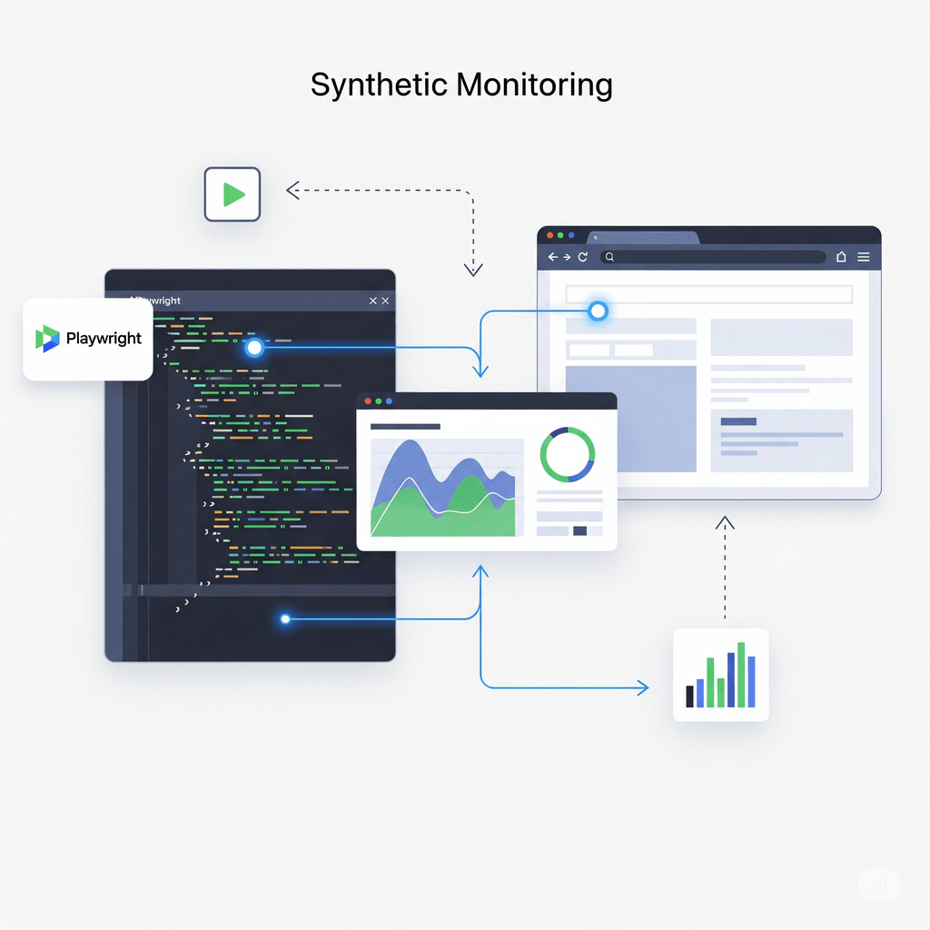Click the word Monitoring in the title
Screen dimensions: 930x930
click(x=534, y=85)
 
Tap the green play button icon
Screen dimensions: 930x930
click(x=232, y=194)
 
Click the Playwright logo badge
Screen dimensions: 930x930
click(x=88, y=339)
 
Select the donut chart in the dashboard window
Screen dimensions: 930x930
click(x=568, y=455)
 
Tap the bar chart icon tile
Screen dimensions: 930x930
click(x=720, y=675)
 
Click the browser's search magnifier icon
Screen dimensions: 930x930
click(x=610, y=257)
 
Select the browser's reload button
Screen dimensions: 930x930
click(x=582, y=257)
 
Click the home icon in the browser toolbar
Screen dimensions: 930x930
click(x=841, y=257)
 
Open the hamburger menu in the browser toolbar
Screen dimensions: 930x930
click(x=864, y=257)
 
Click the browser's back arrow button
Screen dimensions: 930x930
click(x=551, y=257)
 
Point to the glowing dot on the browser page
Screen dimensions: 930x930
click(x=598, y=312)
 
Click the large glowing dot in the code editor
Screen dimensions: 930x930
click(x=254, y=347)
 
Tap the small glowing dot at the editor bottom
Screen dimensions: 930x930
click(x=285, y=618)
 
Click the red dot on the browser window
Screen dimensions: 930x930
click(x=549, y=235)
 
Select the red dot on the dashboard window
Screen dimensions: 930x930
click(x=368, y=401)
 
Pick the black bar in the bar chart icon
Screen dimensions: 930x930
click(x=690, y=696)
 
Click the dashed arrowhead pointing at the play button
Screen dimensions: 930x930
click(x=292, y=190)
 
